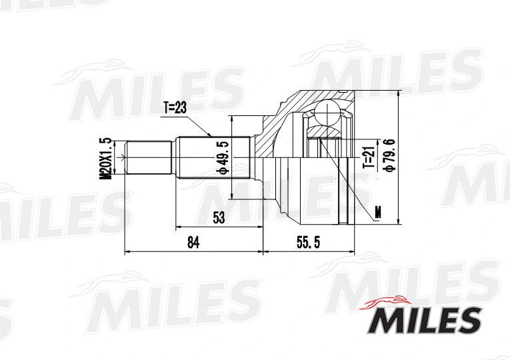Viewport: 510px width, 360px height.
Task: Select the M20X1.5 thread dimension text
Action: point(104,158)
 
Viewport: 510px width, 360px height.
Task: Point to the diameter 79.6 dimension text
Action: point(389,155)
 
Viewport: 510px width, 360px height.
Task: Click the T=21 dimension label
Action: point(366,157)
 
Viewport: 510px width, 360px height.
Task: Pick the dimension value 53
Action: point(219,216)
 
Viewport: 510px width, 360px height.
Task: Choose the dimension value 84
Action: point(193,243)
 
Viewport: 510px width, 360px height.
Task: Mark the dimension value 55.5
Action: point(308,243)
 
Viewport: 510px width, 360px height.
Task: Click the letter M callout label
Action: point(378,213)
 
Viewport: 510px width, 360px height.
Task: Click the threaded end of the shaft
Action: point(148,158)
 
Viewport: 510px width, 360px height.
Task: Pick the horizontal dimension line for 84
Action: point(193,252)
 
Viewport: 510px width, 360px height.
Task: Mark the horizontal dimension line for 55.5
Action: point(308,252)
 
